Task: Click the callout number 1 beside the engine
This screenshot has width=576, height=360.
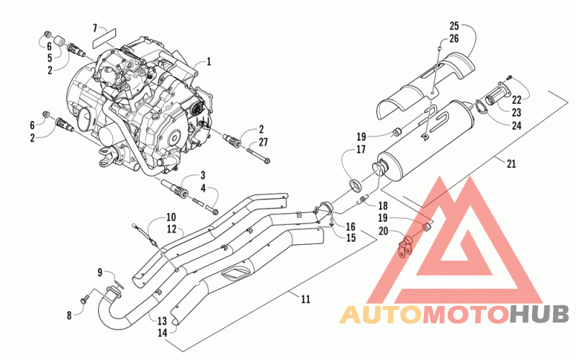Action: [209, 61]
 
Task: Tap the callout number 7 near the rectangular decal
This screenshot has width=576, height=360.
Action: [95, 28]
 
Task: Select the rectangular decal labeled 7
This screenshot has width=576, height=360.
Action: [104, 38]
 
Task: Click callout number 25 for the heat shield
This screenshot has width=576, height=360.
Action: [454, 26]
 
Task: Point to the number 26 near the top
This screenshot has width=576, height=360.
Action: [454, 39]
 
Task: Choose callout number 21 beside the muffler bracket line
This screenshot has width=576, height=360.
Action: [511, 163]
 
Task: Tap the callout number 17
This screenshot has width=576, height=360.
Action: [361, 150]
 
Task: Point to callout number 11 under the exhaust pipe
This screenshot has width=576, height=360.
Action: [305, 300]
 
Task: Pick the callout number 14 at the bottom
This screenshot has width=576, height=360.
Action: [162, 333]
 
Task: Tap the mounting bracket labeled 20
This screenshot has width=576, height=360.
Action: [405, 248]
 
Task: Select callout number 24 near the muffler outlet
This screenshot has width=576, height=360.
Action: [516, 126]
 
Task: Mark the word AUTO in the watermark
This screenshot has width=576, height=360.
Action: [380, 315]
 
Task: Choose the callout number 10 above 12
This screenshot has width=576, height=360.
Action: [171, 217]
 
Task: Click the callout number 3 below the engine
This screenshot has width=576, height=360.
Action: [202, 176]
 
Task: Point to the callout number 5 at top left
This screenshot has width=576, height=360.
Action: [50, 58]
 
